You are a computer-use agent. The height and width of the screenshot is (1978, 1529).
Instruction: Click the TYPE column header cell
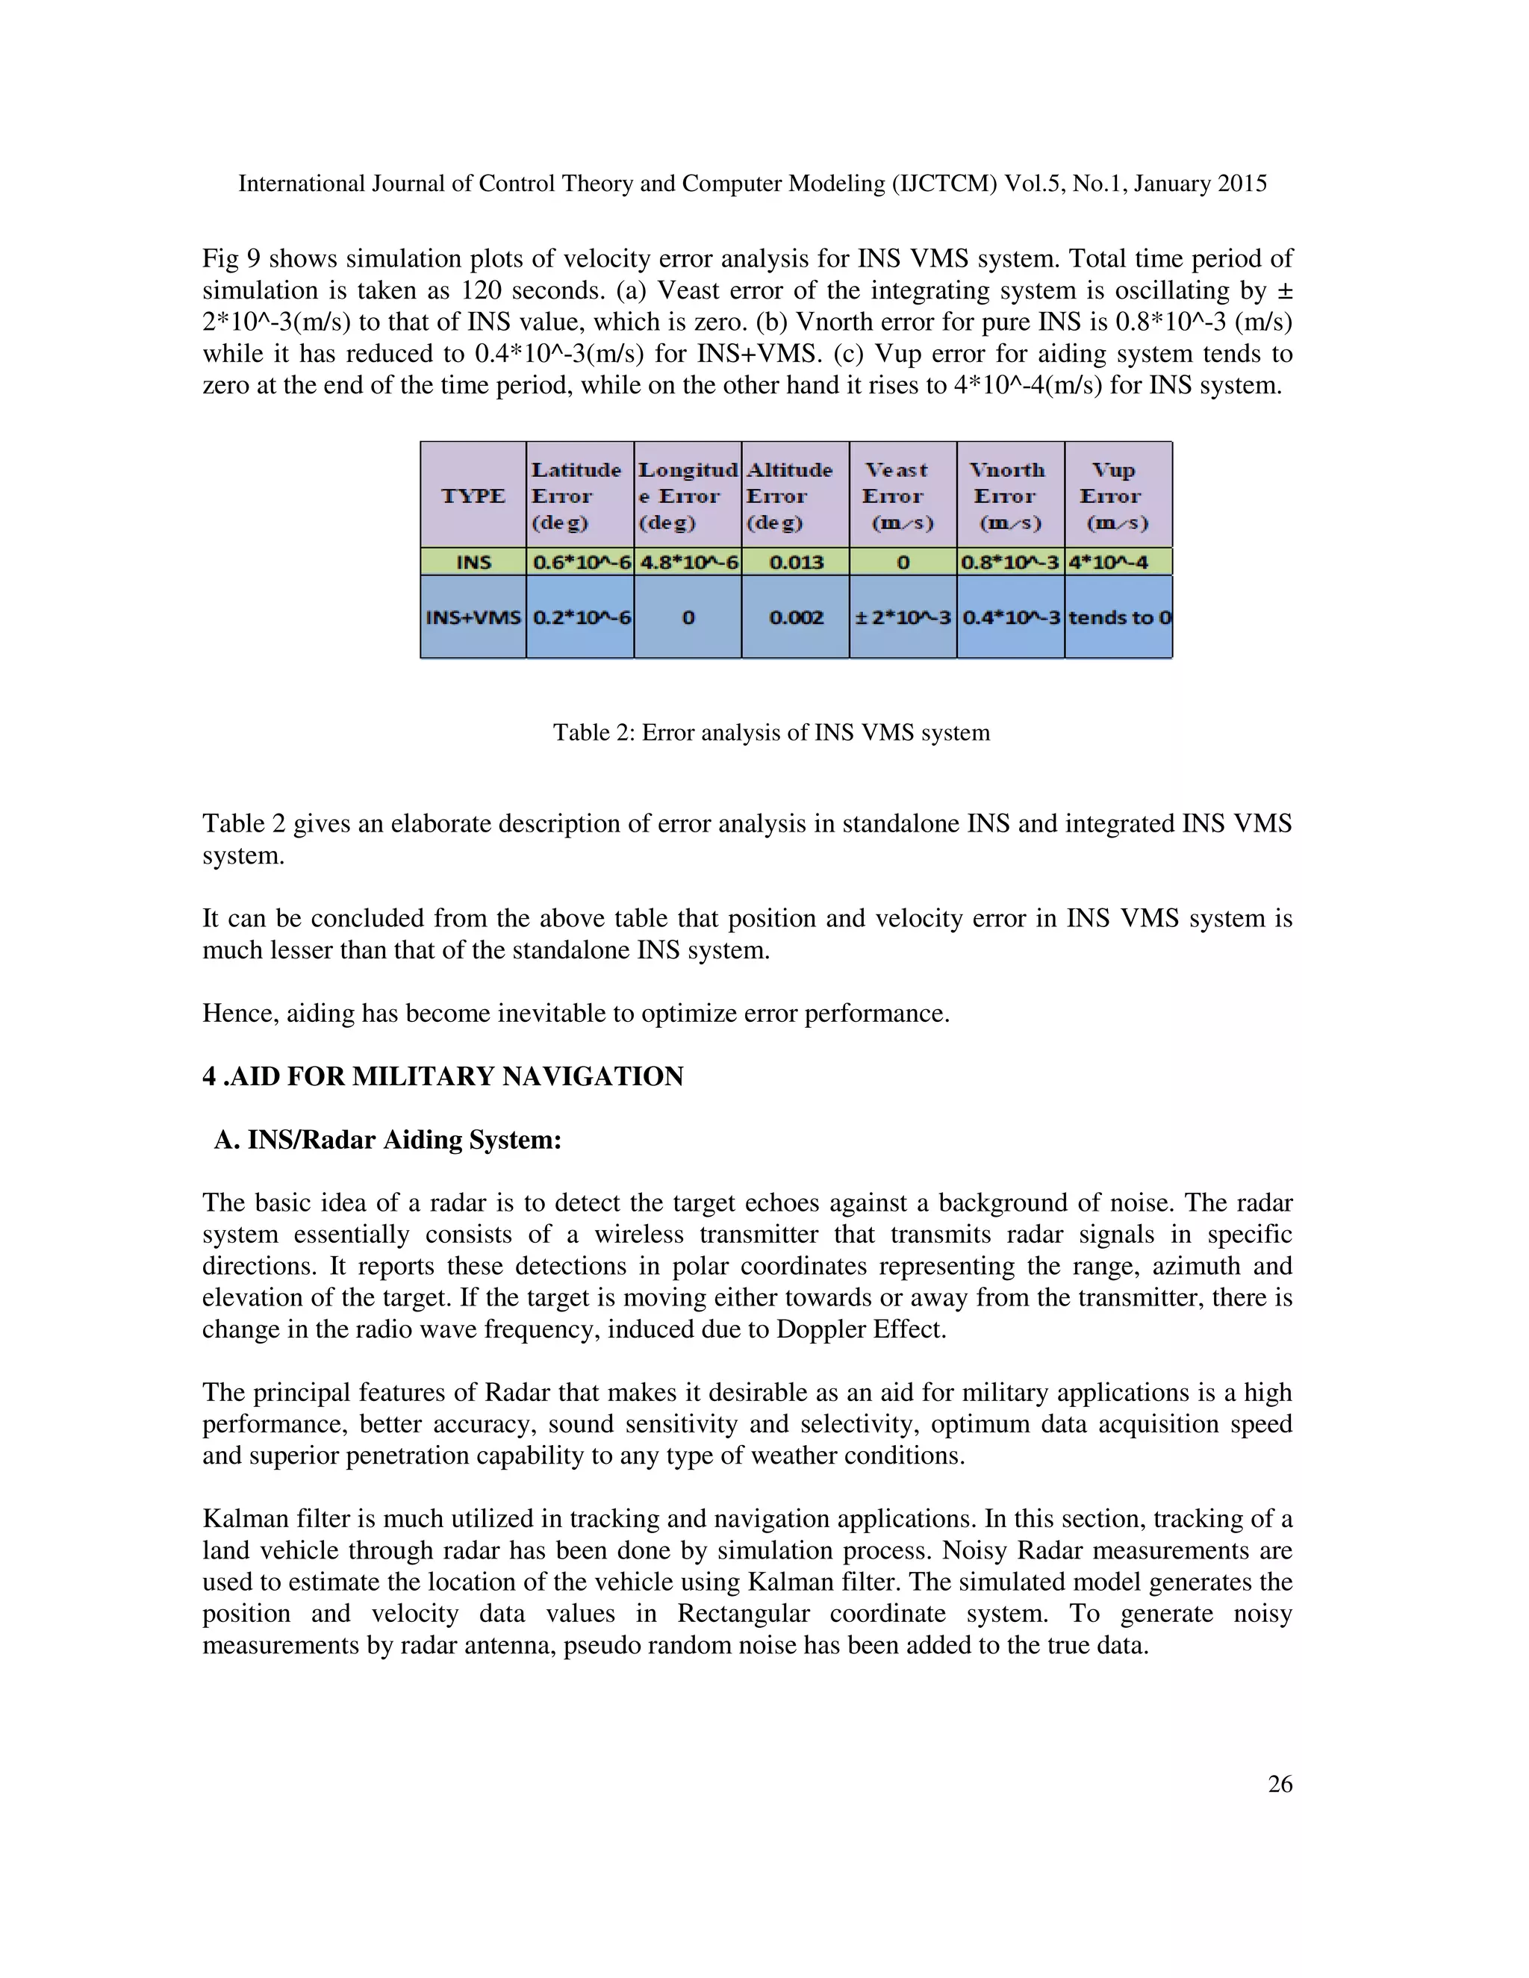click(x=473, y=496)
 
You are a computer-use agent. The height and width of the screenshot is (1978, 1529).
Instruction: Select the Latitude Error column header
click(x=578, y=496)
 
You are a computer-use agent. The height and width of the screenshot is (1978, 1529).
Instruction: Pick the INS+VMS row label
click(x=473, y=618)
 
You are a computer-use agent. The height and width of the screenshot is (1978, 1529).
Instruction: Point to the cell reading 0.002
click(x=795, y=618)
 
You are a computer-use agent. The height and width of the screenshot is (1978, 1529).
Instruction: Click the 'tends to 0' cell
click(x=1118, y=618)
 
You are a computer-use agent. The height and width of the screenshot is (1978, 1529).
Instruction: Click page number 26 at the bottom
click(x=1279, y=1784)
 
